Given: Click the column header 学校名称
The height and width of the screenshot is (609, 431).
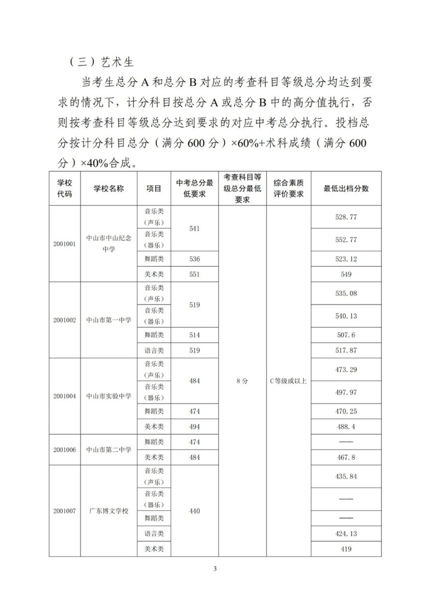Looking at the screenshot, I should pos(109,188).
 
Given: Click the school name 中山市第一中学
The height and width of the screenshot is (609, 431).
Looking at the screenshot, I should pos(109,320).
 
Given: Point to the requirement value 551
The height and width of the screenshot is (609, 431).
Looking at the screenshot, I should pos(194,274).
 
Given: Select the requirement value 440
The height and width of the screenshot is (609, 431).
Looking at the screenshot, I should pos(194,510).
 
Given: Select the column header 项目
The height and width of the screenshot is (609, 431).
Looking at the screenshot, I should pos(154,188).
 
